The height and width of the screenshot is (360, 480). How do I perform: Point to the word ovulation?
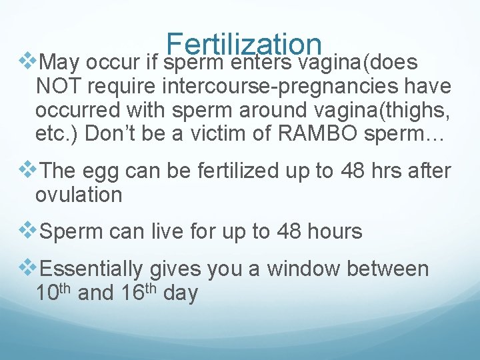(x=79, y=195)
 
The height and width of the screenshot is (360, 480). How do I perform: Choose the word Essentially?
(x=91, y=269)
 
